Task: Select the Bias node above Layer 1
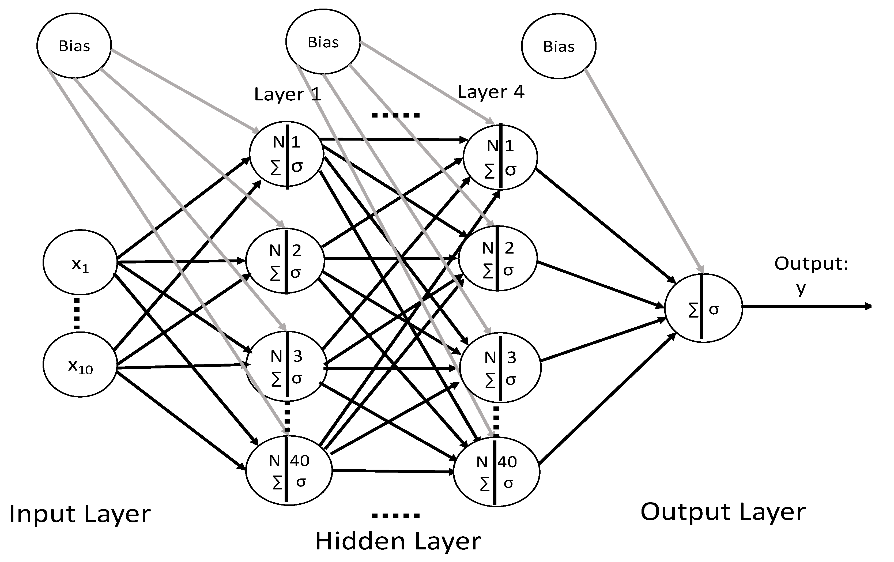click(x=323, y=42)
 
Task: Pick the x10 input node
click(x=80, y=364)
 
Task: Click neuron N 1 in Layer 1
click(x=286, y=154)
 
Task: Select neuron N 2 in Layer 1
click(x=285, y=261)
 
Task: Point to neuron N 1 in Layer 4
click(x=500, y=157)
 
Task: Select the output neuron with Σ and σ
click(x=703, y=308)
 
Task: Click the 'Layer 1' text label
click(x=287, y=94)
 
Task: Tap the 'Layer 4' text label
click(x=491, y=92)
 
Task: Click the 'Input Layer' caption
click(x=80, y=514)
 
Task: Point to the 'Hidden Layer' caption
click(x=398, y=541)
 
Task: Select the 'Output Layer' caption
click(x=723, y=512)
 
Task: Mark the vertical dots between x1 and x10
click(x=77, y=313)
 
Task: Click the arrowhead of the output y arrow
click(x=868, y=306)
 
